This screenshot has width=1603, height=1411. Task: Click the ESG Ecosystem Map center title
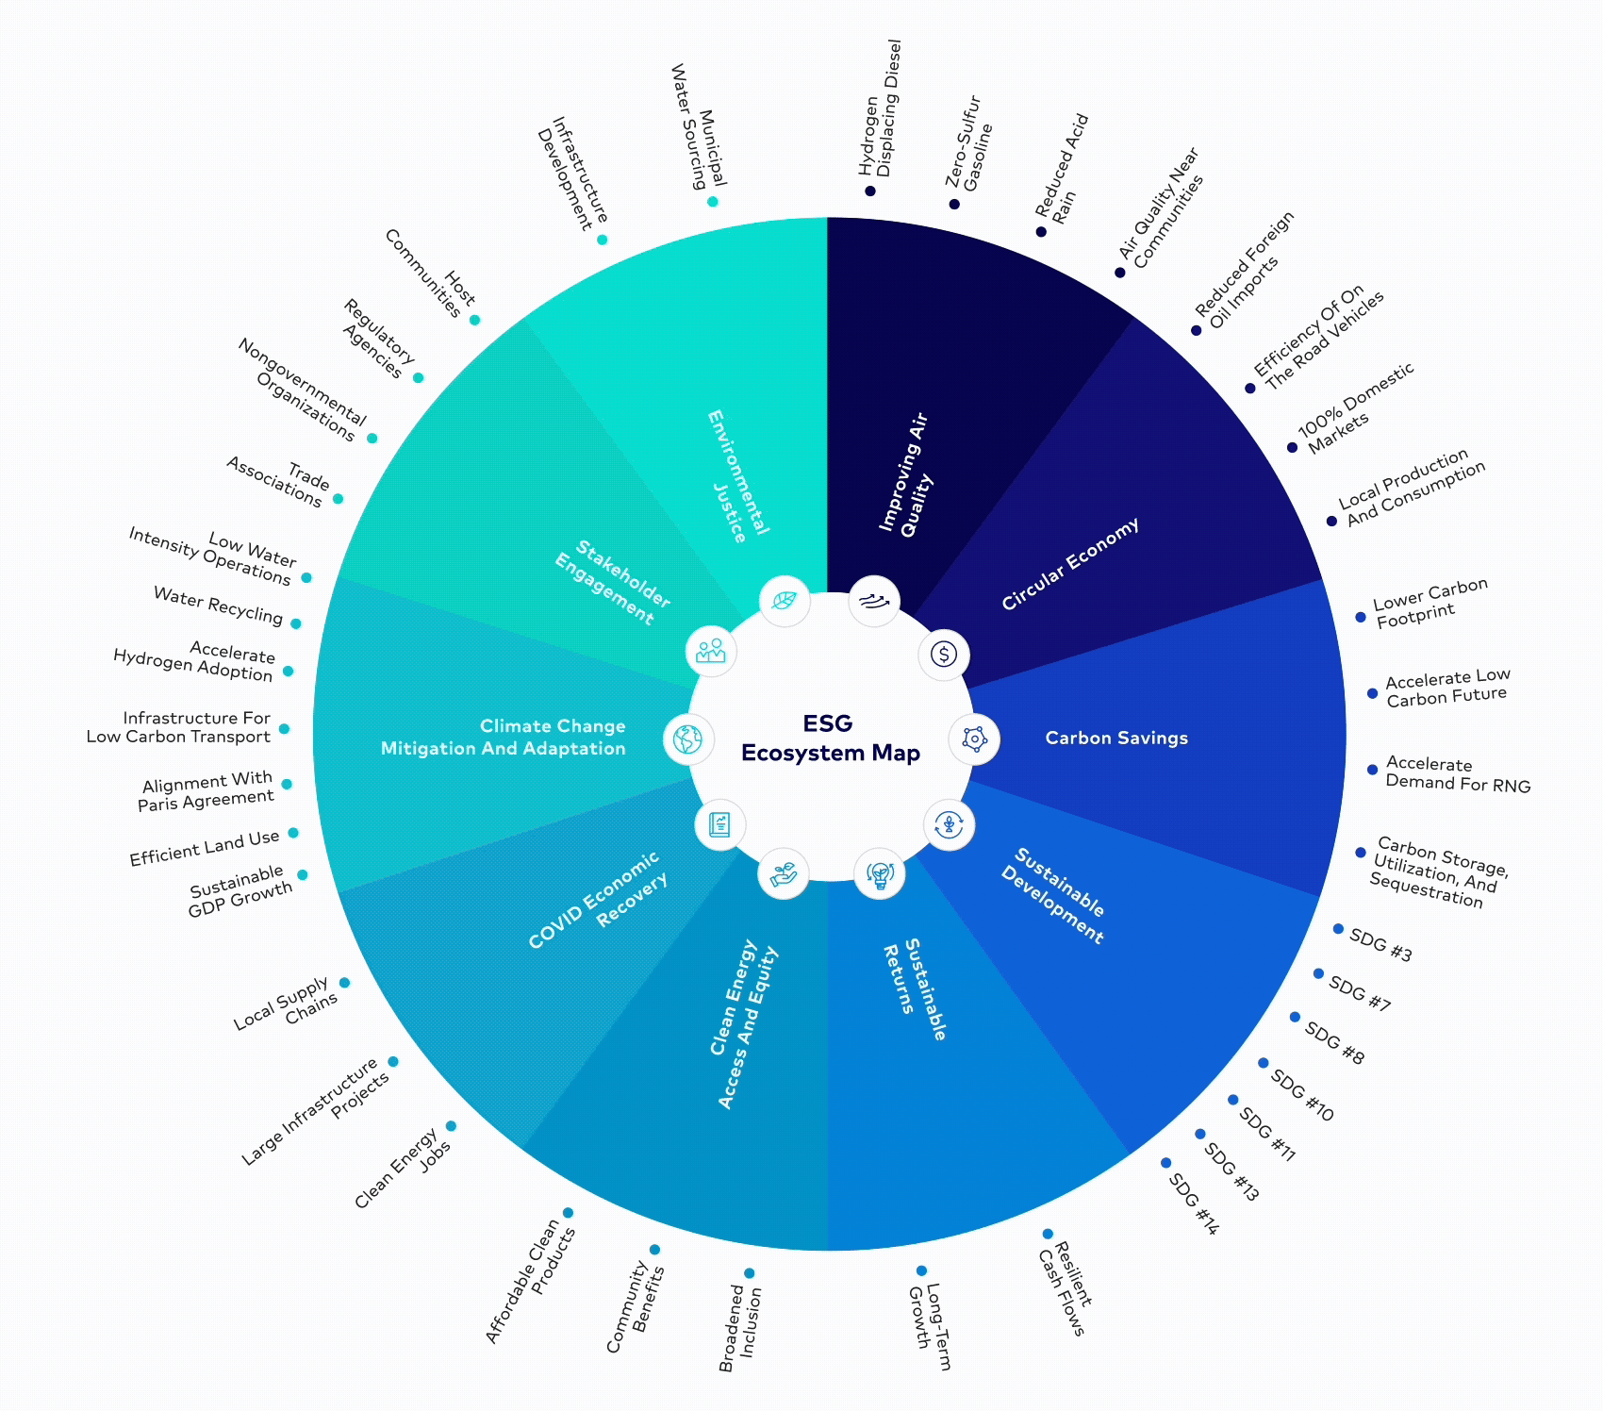click(x=830, y=738)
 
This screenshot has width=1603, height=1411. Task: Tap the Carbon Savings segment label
click(x=1116, y=738)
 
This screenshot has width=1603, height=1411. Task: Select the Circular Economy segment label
click(x=1069, y=564)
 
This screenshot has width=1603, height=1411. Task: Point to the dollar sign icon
click(x=944, y=655)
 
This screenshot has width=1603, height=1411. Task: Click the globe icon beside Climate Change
click(x=688, y=739)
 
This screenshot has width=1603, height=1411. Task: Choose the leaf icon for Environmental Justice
click(x=784, y=601)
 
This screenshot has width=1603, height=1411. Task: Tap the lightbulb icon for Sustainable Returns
click(x=880, y=873)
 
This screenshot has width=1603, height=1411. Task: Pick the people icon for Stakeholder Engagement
click(x=711, y=651)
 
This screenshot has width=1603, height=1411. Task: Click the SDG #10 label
click(x=1302, y=1095)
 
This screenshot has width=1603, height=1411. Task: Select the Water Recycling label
click(x=218, y=606)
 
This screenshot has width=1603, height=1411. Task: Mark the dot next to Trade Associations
click(x=338, y=499)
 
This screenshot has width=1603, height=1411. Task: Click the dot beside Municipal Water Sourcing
click(x=712, y=202)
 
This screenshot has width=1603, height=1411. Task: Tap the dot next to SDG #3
click(x=1338, y=929)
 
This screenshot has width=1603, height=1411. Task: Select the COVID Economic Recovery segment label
click(x=598, y=900)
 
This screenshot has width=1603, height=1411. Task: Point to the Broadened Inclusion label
click(x=740, y=1328)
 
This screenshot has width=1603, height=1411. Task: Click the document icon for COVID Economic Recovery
click(x=719, y=824)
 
